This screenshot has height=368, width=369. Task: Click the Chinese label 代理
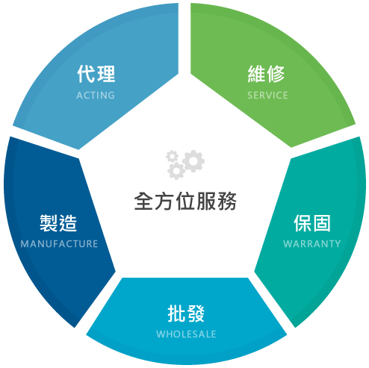pos(96,74)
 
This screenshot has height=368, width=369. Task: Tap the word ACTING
pos(96,96)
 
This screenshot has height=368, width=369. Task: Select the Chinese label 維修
pos(266,74)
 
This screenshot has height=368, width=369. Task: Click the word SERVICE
pos(267,96)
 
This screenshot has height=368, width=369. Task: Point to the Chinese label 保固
pos(312,223)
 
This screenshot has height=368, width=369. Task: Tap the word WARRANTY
pos(312,244)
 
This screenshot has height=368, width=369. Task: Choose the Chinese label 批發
pos(186,314)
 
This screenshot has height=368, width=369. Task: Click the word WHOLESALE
pos(186,334)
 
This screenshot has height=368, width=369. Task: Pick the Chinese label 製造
pos(58,223)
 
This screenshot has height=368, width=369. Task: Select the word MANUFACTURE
pos(59,244)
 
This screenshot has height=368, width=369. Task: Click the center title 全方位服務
pos(185,201)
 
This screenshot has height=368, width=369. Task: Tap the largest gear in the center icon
pos(193,160)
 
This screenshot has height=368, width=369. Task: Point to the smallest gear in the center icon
pos(172,156)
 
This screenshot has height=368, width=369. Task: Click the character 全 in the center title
pos(143,201)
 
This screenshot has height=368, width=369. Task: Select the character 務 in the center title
pos(227,201)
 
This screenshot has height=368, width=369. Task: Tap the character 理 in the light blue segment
pos(106,74)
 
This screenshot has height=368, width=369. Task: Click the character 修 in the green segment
pos(276,74)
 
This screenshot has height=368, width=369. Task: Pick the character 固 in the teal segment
pos(322,223)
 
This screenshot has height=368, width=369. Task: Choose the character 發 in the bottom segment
pos(196,314)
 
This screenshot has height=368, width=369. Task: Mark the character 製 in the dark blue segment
pos(49,223)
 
